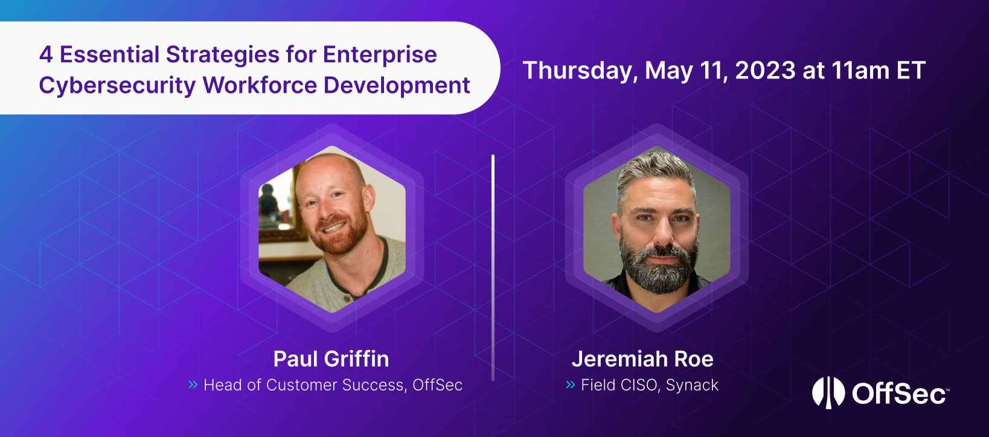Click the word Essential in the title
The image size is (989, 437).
pos(109,55)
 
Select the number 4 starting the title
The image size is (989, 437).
pos(46,55)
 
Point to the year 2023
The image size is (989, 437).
pos(765,71)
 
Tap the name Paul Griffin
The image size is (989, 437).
pos(331,359)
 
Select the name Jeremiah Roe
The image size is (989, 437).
pos(642,359)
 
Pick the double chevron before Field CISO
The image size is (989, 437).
pos(570,384)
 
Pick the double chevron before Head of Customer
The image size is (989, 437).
pos(193,384)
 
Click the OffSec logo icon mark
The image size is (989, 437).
pos(828,392)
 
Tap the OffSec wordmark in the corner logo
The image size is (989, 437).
pos(899,394)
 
